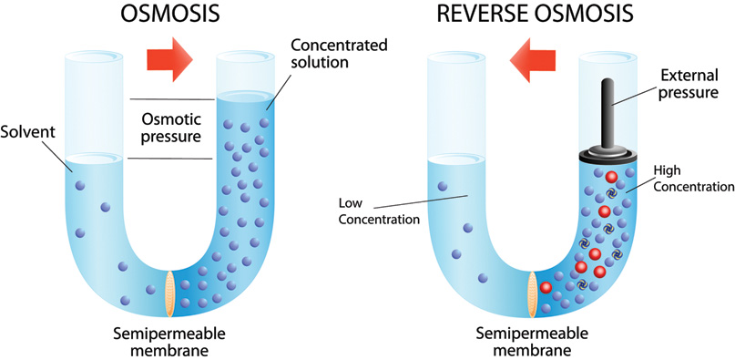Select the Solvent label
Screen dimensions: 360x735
tap(29, 133)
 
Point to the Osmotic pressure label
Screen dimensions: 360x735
tap(169, 128)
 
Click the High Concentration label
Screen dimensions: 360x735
tap(693, 179)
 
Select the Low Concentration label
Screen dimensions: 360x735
tap(373, 211)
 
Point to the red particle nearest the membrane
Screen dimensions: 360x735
tap(546, 289)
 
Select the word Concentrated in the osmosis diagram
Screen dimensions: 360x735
tap(326, 46)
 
